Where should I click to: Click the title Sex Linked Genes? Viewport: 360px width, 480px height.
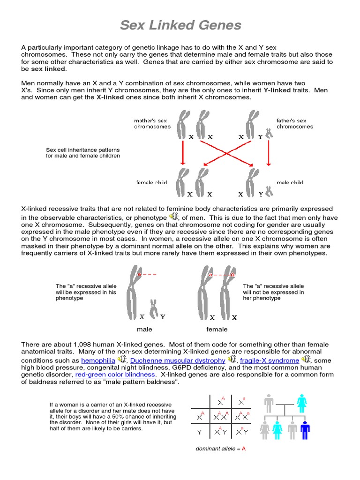180,25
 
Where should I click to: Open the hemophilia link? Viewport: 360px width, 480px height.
98,360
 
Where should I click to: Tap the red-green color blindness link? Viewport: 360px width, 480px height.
115,375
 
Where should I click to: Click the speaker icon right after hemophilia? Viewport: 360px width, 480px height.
122,360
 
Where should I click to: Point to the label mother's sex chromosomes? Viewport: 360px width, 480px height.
152,124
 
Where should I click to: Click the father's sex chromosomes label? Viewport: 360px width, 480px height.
294,124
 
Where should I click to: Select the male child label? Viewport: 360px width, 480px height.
290,182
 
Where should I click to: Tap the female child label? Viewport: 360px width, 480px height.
151,182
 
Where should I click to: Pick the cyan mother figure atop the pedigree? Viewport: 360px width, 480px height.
302,403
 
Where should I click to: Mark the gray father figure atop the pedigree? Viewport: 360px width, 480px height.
269,403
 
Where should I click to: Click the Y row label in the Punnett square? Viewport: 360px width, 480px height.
200,432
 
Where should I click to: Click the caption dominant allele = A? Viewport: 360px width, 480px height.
220,449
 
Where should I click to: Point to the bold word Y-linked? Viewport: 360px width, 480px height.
279,90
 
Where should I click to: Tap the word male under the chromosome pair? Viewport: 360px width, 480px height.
144,330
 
